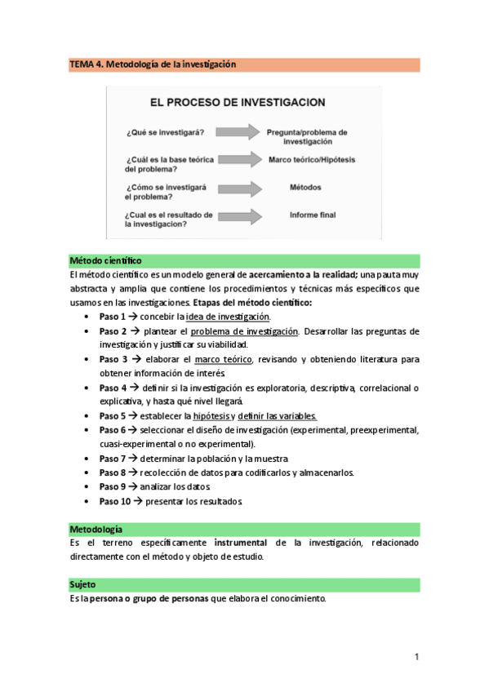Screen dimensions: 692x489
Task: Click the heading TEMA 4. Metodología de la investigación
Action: (153, 64)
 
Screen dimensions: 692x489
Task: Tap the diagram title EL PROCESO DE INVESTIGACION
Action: (237, 103)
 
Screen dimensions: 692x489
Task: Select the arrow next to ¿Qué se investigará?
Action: (236, 131)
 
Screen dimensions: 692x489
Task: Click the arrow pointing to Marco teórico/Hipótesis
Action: (236, 160)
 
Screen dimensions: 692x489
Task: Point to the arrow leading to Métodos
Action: (236, 189)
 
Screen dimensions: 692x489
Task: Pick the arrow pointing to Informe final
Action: (236, 216)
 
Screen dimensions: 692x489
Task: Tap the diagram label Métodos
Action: (305, 188)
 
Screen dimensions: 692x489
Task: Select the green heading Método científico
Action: (106, 260)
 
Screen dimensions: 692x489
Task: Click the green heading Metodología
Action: (97, 530)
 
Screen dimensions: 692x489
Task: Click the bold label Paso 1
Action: (113, 317)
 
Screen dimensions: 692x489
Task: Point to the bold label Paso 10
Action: (115, 500)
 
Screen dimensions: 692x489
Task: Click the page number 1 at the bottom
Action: (416, 657)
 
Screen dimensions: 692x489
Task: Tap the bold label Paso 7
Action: (113, 459)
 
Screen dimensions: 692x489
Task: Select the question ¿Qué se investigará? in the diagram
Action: (165, 131)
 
